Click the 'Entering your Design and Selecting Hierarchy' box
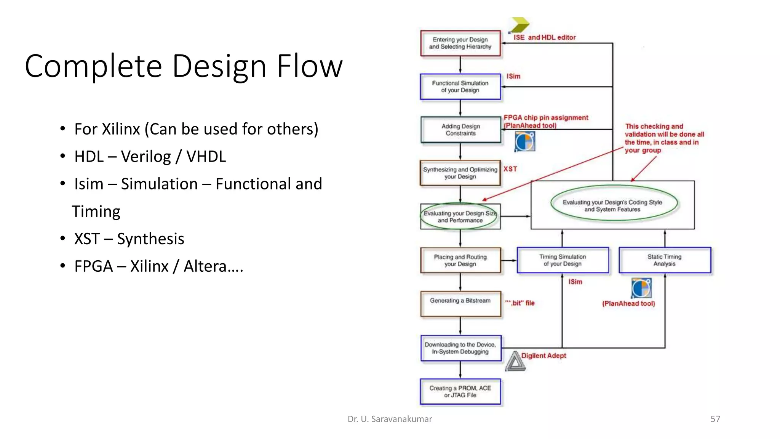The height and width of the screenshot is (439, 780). [x=460, y=43]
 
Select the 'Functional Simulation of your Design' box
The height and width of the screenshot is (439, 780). [x=460, y=87]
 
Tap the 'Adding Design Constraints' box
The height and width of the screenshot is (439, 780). [x=460, y=130]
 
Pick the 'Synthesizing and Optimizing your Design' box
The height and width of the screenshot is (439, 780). [x=460, y=173]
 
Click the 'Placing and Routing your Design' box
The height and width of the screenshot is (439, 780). [x=460, y=260]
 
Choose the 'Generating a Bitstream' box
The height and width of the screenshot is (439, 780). [x=460, y=304]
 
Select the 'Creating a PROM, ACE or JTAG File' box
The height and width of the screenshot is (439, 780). [x=460, y=391]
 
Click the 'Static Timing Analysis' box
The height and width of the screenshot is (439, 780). [x=665, y=260]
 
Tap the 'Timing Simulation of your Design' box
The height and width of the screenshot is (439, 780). [x=563, y=260]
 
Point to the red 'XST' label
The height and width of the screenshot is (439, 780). [x=510, y=169]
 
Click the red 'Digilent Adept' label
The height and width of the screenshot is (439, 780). [x=543, y=356]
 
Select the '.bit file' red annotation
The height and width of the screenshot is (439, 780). [x=520, y=303]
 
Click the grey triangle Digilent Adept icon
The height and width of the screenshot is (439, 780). [x=515, y=362]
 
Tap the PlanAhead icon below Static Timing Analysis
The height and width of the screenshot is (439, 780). [x=641, y=288]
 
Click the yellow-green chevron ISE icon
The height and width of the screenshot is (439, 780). [x=520, y=25]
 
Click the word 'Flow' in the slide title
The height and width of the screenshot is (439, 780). [x=309, y=66]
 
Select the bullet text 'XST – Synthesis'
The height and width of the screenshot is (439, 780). [x=129, y=239]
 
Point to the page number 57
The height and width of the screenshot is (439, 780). [x=715, y=419]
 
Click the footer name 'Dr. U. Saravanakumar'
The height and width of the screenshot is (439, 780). [x=390, y=419]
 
